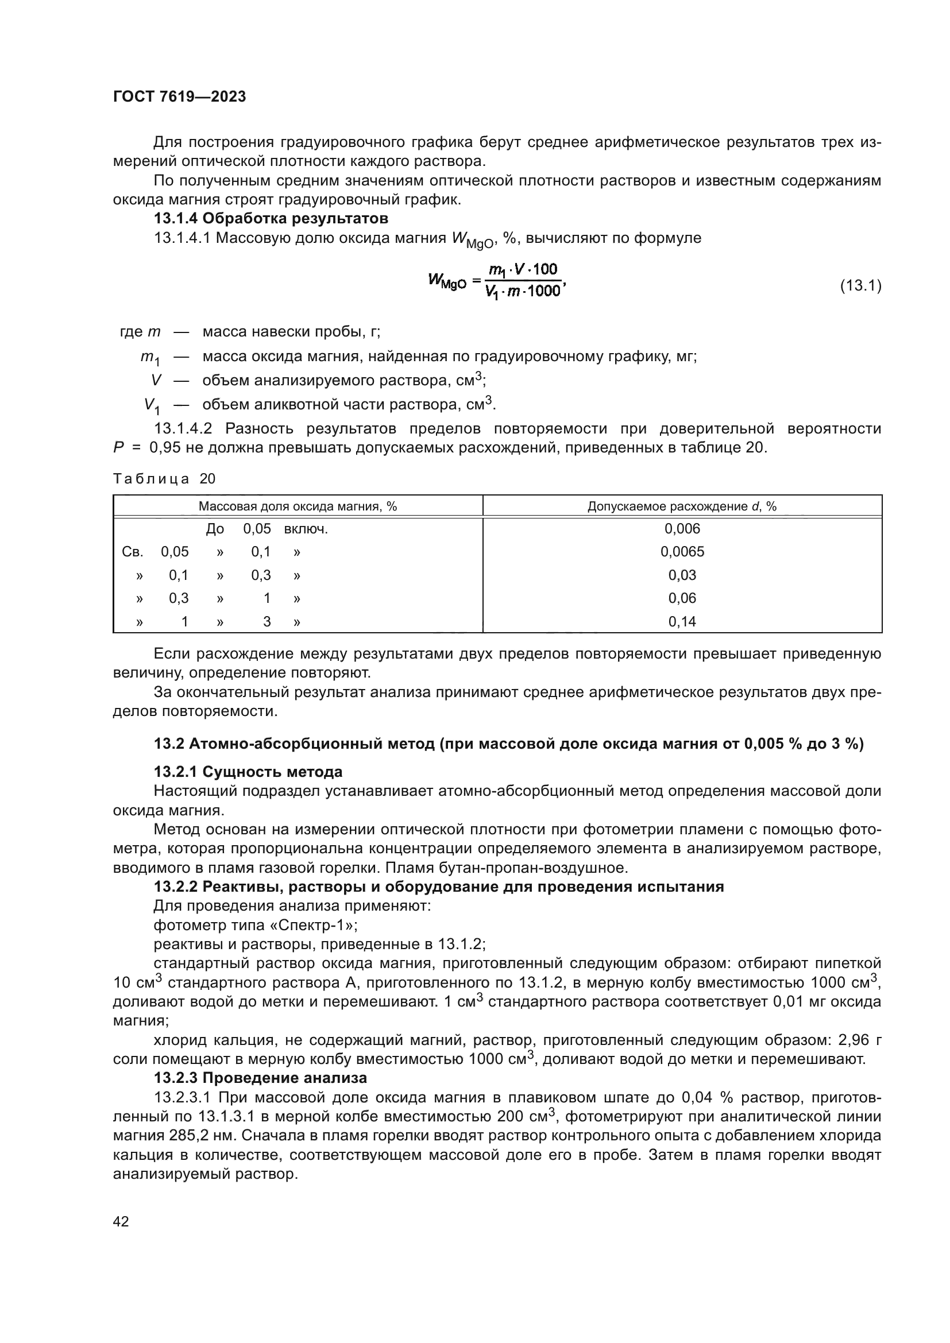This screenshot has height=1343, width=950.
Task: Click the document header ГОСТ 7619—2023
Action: tap(179, 96)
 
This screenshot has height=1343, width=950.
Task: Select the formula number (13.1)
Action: tap(860, 286)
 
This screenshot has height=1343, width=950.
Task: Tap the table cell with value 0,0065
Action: tap(682, 552)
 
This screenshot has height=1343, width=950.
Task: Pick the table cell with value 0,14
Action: tap(682, 621)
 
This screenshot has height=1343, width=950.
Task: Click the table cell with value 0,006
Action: tap(682, 529)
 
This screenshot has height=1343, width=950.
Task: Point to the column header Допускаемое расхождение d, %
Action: tap(682, 506)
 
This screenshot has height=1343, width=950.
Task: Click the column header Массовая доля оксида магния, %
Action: tap(297, 506)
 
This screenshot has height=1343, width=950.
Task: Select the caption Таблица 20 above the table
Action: tap(164, 479)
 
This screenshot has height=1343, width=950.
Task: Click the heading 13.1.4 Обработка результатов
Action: tap(271, 219)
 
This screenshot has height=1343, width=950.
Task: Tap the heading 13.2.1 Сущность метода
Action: tap(248, 772)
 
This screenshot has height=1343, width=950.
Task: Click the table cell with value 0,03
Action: tap(682, 575)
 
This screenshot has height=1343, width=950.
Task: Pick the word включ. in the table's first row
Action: tap(306, 529)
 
